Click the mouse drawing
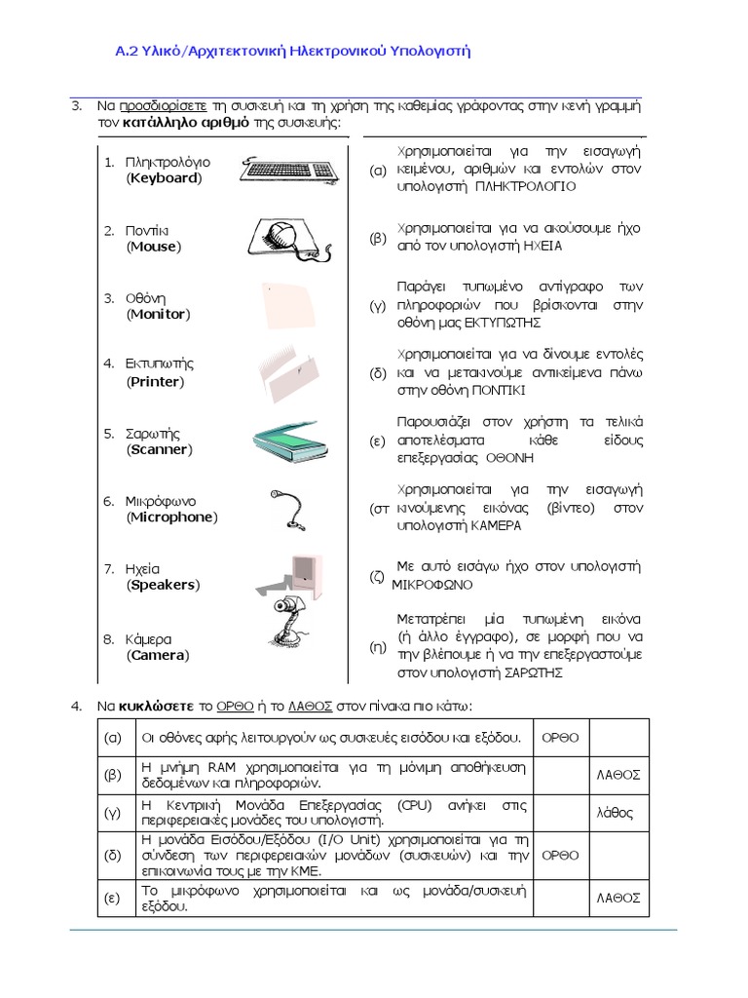(282, 239)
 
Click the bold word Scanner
(160, 449)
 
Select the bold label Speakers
(163, 585)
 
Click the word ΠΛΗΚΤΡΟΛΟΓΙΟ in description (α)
(525, 185)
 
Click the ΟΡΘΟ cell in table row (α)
(560, 737)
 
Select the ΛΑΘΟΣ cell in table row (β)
(617, 775)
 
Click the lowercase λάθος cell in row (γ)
(616, 812)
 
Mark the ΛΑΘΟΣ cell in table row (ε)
(617, 898)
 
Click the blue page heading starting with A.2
(293, 51)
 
